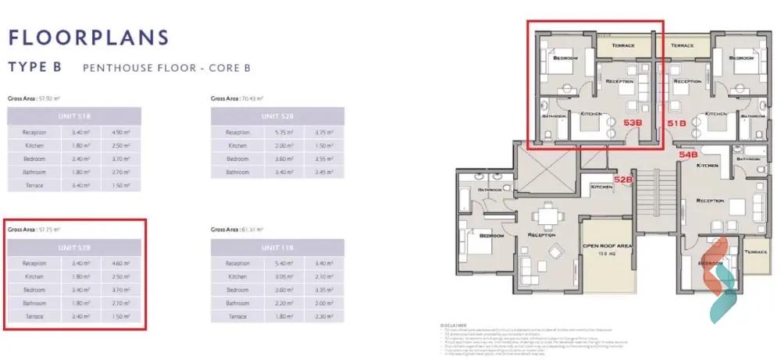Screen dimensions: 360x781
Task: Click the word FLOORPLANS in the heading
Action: (87, 37)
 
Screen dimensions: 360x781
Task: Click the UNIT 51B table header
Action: (74, 116)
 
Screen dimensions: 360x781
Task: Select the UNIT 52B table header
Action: (277, 116)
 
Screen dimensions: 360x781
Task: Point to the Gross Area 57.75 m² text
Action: (34, 230)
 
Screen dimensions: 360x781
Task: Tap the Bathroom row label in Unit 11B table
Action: (237, 303)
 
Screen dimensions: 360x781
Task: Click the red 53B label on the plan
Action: (633, 123)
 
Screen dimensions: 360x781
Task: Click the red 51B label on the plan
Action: (676, 123)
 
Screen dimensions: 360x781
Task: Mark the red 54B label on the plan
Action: (688, 155)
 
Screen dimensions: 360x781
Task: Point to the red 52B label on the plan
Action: (622, 180)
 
